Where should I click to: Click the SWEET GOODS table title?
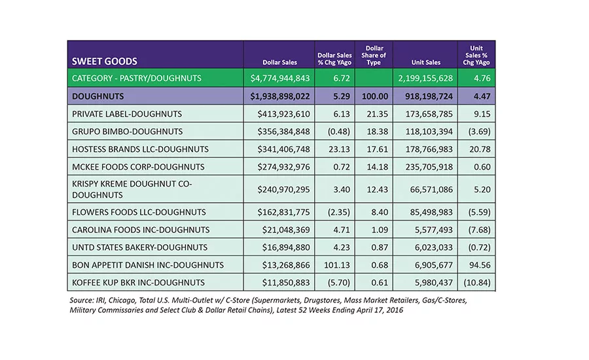pyautogui.click(x=105, y=62)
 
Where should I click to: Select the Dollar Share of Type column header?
pyautogui.click(x=374, y=55)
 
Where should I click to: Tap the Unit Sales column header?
pyautogui.click(x=425, y=62)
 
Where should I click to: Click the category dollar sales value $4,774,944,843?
pyautogui.click(x=280, y=78)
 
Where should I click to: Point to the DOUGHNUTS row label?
pyautogui.click(x=98, y=96)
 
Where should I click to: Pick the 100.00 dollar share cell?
pyautogui.click(x=375, y=96)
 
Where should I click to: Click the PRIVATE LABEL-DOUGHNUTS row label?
pyautogui.click(x=127, y=114)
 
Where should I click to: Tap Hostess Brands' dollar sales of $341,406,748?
pyautogui.click(x=283, y=149)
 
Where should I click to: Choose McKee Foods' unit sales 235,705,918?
pyautogui.click(x=429, y=167)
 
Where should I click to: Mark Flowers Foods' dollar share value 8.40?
pyautogui.click(x=380, y=212)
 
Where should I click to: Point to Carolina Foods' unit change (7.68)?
pyautogui.click(x=479, y=230)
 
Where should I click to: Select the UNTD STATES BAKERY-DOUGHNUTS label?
pyautogui.click(x=140, y=247)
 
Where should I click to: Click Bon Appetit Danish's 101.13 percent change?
pyautogui.click(x=337, y=265)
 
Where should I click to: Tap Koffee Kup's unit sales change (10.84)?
pyautogui.click(x=477, y=283)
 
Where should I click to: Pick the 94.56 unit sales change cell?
pyautogui.click(x=480, y=265)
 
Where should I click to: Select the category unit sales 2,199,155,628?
pyautogui.click(x=425, y=78)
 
